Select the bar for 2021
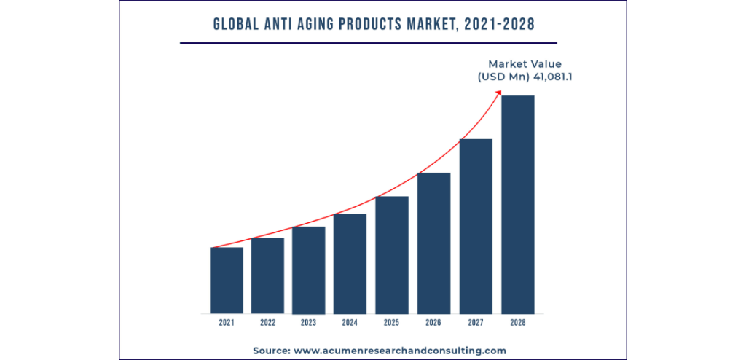point(227,280)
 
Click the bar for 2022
point(267,275)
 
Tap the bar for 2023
point(309,270)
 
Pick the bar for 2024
point(350,263)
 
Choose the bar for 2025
point(392,254)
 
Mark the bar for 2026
point(433,243)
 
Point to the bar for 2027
point(476,226)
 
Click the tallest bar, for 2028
point(517,204)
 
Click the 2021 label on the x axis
point(227,322)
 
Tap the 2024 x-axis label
point(350,322)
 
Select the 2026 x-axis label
point(433,322)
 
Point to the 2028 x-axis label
point(517,322)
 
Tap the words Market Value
point(525,63)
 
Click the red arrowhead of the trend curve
point(499,91)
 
